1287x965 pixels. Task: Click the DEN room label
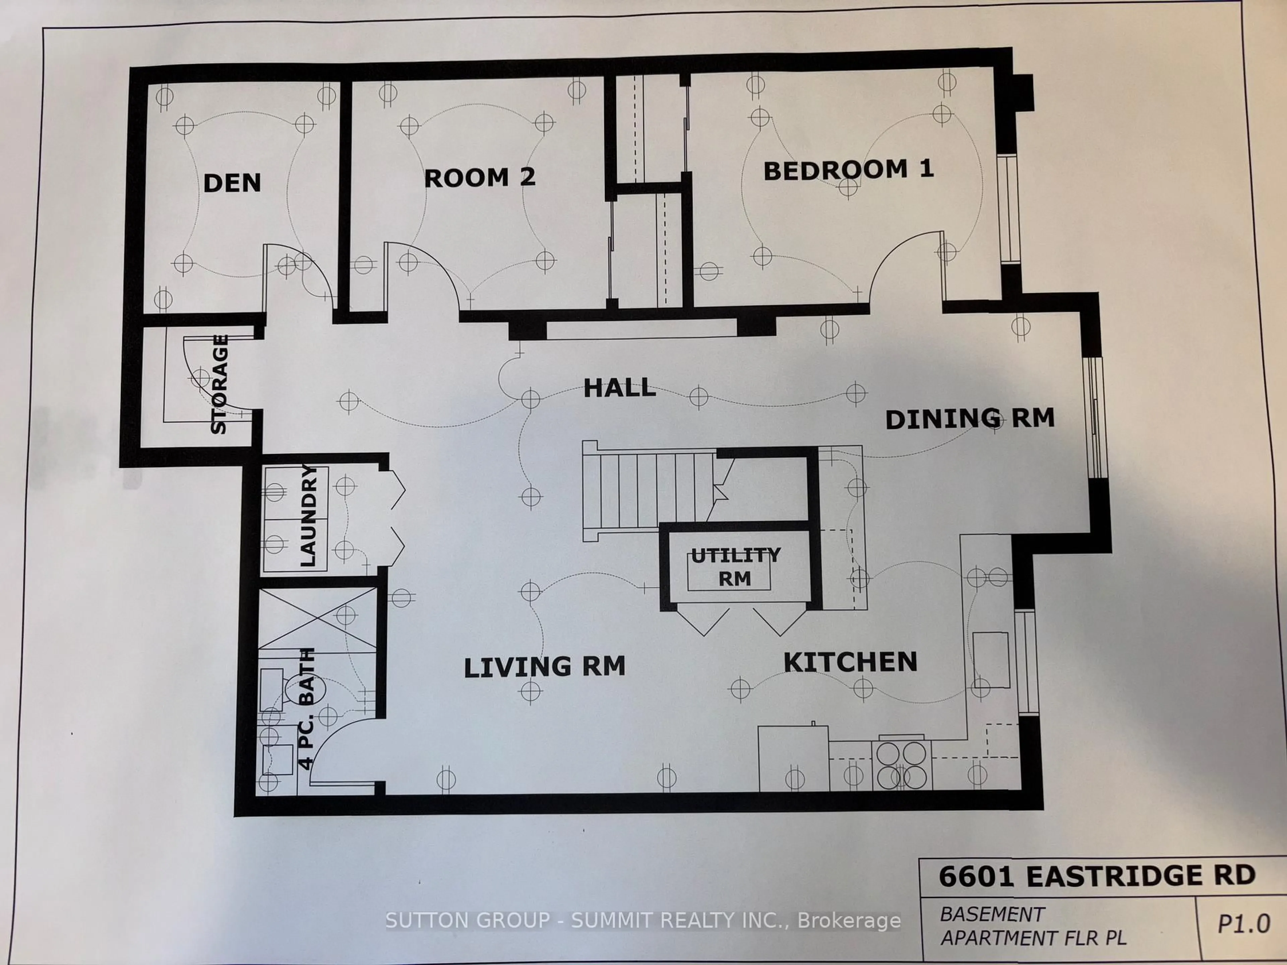click(232, 183)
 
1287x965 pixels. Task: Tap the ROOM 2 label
click(479, 177)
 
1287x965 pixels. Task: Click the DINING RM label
click(969, 419)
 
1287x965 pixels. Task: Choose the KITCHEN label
click(850, 662)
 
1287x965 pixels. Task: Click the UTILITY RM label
click(735, 567)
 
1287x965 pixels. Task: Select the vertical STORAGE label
click(219, 384)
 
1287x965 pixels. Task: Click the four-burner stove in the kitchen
click(901, 764)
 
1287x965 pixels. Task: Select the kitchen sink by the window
click(991, 660)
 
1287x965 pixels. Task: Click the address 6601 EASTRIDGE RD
click(1097, 876)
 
